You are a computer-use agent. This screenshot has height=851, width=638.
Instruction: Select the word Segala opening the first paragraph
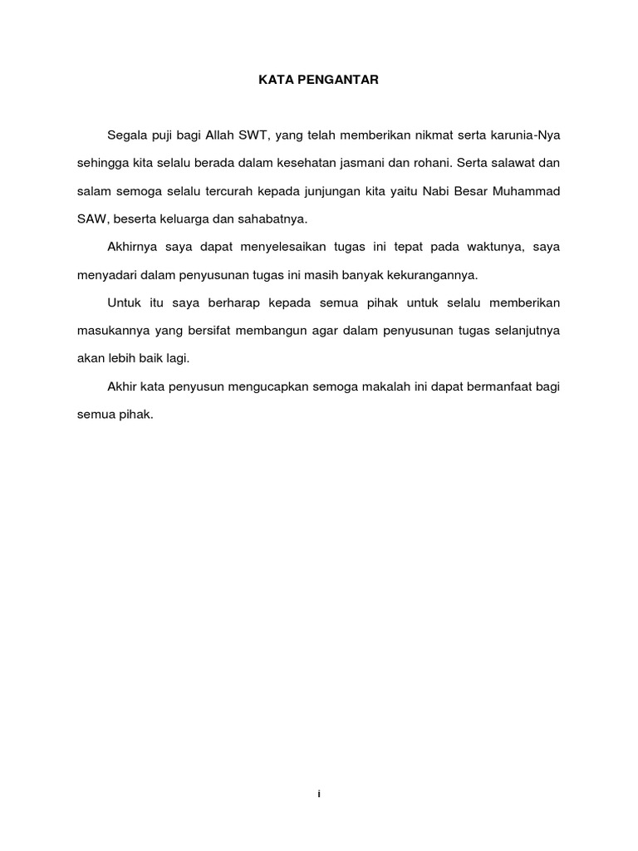(128, 135)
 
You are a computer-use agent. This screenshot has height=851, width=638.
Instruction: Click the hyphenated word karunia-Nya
(528, 135)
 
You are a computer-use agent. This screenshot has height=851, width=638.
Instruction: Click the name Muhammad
(527, 192)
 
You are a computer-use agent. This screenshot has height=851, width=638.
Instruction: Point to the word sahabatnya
(272, 219)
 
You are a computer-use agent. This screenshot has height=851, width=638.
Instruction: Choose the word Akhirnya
(133, 248)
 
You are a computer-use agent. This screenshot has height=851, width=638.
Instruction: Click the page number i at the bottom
(319, 794)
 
